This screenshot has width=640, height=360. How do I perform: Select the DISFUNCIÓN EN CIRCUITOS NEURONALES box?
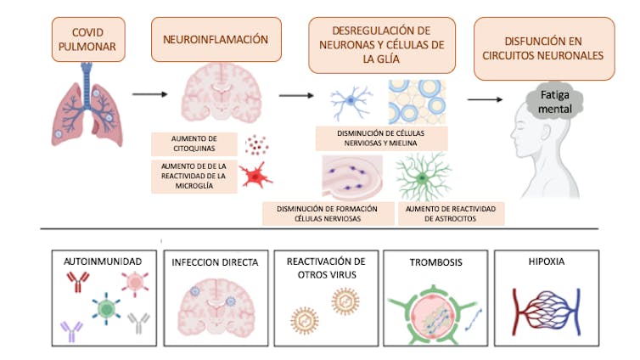click(544, 49)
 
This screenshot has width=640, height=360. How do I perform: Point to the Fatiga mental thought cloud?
click(549, 104)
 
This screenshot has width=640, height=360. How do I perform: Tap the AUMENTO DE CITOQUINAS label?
click(194, 142)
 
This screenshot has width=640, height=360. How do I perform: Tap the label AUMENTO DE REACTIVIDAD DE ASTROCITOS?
click(451, 213)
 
